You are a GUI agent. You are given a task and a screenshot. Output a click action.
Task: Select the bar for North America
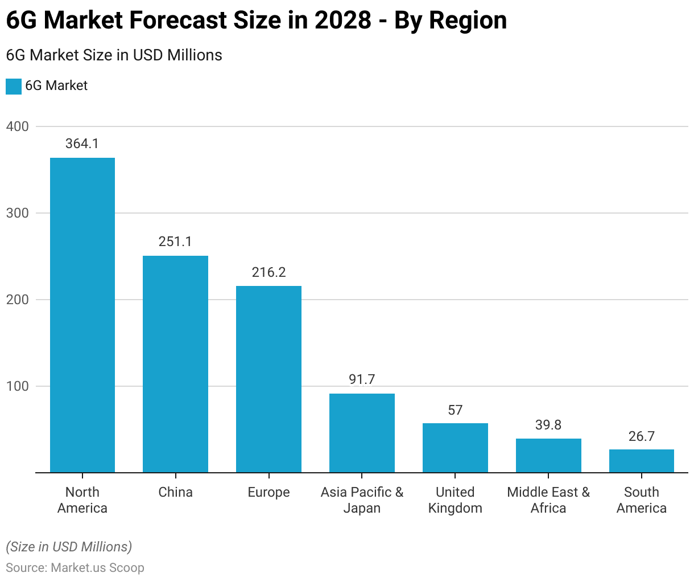[x=82, y=315]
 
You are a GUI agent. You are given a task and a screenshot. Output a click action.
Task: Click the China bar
[x=175, y=364]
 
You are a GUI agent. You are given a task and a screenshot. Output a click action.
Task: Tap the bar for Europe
[x=268, y=379]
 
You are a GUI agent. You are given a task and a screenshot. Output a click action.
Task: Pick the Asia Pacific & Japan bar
[x=362, y=433]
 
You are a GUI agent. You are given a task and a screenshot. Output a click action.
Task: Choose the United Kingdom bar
[x=455, y=448]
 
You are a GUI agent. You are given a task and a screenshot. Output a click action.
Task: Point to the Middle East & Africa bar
[x=548, y=456]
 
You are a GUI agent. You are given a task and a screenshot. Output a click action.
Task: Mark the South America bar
[x=642, y=461]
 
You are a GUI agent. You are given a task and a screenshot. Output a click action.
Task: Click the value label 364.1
[x=82, y=144]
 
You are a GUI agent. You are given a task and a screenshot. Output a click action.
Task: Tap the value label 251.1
[x=175, y=242]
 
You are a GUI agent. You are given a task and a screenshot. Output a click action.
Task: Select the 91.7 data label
[x=362, y=379]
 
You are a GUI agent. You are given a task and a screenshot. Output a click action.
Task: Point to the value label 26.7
[x=642, y=436]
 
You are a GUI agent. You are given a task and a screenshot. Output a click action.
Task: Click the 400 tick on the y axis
[x=18, y=126]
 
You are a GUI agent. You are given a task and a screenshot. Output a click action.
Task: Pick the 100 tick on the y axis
[x=18, y=386]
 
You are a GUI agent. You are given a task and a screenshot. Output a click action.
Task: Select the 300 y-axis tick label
[x=18, y=213]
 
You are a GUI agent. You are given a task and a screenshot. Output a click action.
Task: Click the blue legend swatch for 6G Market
[x=14, y=86]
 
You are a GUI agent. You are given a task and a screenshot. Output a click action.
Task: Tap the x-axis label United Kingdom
[x=455, y=500]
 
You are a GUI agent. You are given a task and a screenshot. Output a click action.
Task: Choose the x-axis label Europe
[x=268, y=492]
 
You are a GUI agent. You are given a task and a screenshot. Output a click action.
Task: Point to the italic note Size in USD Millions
[x=69, y=547]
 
